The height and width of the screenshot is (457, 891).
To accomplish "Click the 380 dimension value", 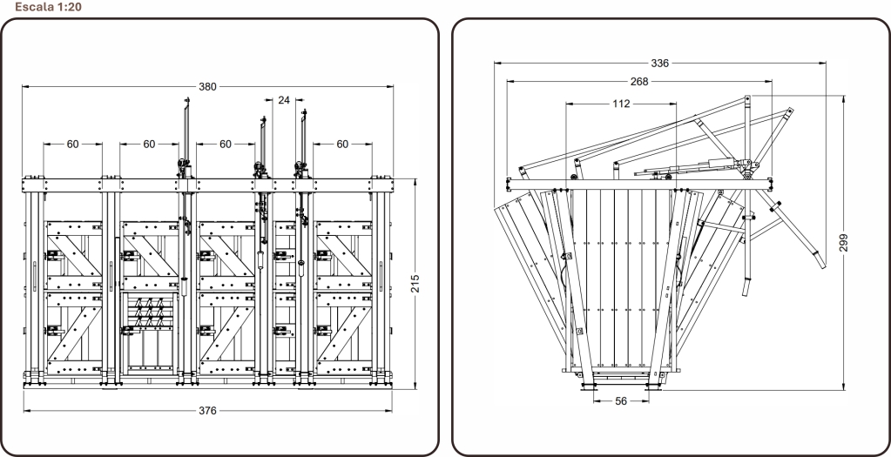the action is point(207,87).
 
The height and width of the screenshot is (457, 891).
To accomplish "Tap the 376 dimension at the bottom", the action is point(207,411).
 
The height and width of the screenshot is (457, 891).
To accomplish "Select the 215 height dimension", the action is point(415,284).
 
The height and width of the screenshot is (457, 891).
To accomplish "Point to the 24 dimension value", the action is point(284,100).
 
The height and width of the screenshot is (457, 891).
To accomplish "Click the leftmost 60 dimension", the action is point(73,144).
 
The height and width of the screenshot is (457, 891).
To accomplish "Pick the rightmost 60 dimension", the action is point(342,144).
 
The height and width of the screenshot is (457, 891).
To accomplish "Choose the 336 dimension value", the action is point(659,63).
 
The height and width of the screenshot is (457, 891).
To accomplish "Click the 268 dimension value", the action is point(639,81).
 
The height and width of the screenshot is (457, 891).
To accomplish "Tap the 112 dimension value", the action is point(621,104).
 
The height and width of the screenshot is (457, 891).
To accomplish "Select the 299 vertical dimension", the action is point(844,242).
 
